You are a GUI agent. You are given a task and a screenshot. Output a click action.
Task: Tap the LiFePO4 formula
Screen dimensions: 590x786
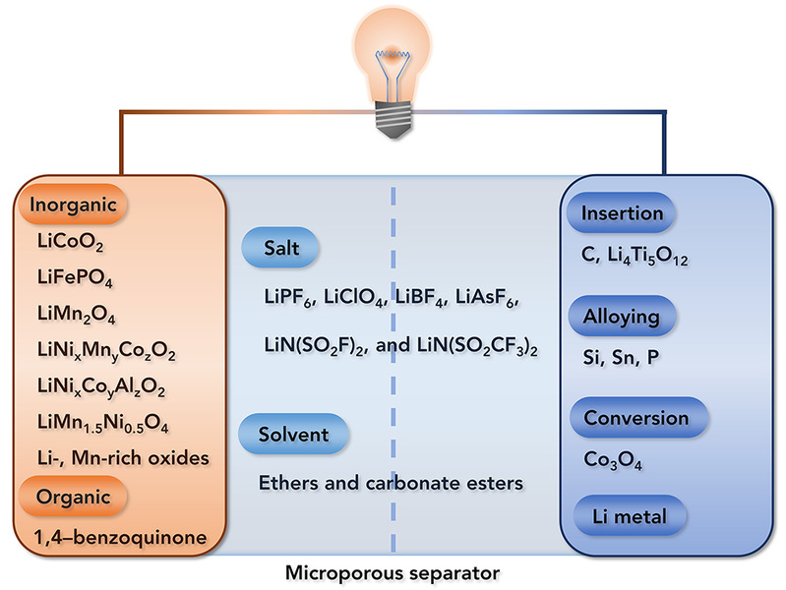[x=70, y=277]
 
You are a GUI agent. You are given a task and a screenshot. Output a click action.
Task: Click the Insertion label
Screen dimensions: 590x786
[x=622, y=213]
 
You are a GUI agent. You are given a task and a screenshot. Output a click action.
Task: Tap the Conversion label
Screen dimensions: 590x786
[x=635, y=418]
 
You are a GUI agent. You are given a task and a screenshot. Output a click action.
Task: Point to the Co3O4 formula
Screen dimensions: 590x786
[x=614, y=457]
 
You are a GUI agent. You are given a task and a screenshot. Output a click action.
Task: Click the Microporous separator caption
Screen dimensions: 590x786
[x=392, y=571]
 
